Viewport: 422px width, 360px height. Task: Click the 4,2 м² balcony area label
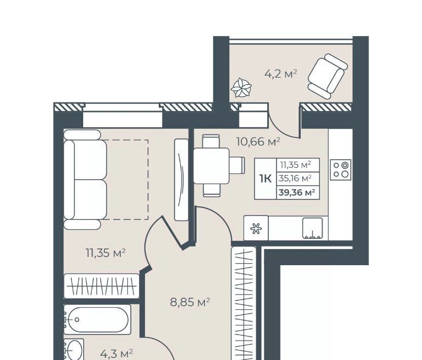click(x=280, y=74)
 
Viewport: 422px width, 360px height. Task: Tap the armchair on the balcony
click(x=328, y=77)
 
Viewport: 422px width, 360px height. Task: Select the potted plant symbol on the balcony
click(x=241, y=87)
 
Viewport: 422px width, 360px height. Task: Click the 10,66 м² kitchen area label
click(x=258, y=141)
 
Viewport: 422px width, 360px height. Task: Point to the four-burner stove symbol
click(x=341, y=170)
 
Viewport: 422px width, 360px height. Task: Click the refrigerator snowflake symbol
click(x=256, y=228)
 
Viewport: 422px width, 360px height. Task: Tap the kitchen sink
click(x=312, y=228)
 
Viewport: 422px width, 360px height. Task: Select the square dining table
click(x=212, y=166)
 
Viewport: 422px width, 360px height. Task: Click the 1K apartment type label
click(x=266, y=178)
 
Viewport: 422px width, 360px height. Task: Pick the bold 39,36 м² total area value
click(x=297, y=193)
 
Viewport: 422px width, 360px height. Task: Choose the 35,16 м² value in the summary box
click(x=295, y=178)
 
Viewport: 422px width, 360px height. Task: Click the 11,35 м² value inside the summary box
click(x=296, y=164)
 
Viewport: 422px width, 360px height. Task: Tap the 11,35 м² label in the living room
click(x=105, y=253)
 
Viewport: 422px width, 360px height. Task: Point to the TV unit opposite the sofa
click(x=182, y=179)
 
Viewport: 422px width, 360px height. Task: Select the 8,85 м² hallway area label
click(x=190, y=302)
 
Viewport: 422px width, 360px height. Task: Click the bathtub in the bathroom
click(x=97, y=319)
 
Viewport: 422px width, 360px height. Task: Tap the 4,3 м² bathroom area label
click(x=117, y=353)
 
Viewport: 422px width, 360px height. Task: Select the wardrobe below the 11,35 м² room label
click(x=102, y=286)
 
